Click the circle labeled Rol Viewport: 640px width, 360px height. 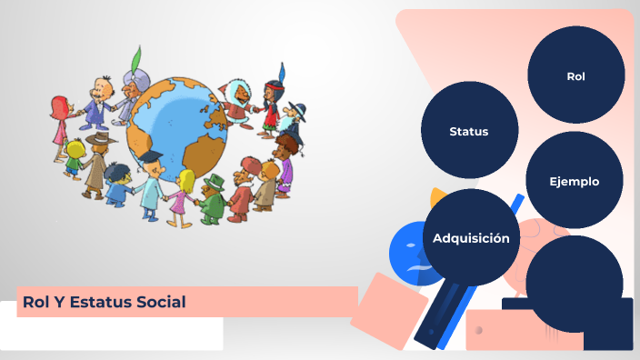[x=575, y=75]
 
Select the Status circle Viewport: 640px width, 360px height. [x=469, y=131]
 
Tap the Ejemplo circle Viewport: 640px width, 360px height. [x=574, y=181]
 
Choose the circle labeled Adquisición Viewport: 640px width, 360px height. [x=471, y=238]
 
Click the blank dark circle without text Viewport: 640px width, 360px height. [x=574, y=283]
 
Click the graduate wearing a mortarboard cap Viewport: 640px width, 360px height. [x=151, y=181]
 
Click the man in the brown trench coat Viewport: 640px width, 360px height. [x=95, y=164]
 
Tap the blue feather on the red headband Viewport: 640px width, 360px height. [x=282, y=70]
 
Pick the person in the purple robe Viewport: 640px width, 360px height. [x=285, y=164]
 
